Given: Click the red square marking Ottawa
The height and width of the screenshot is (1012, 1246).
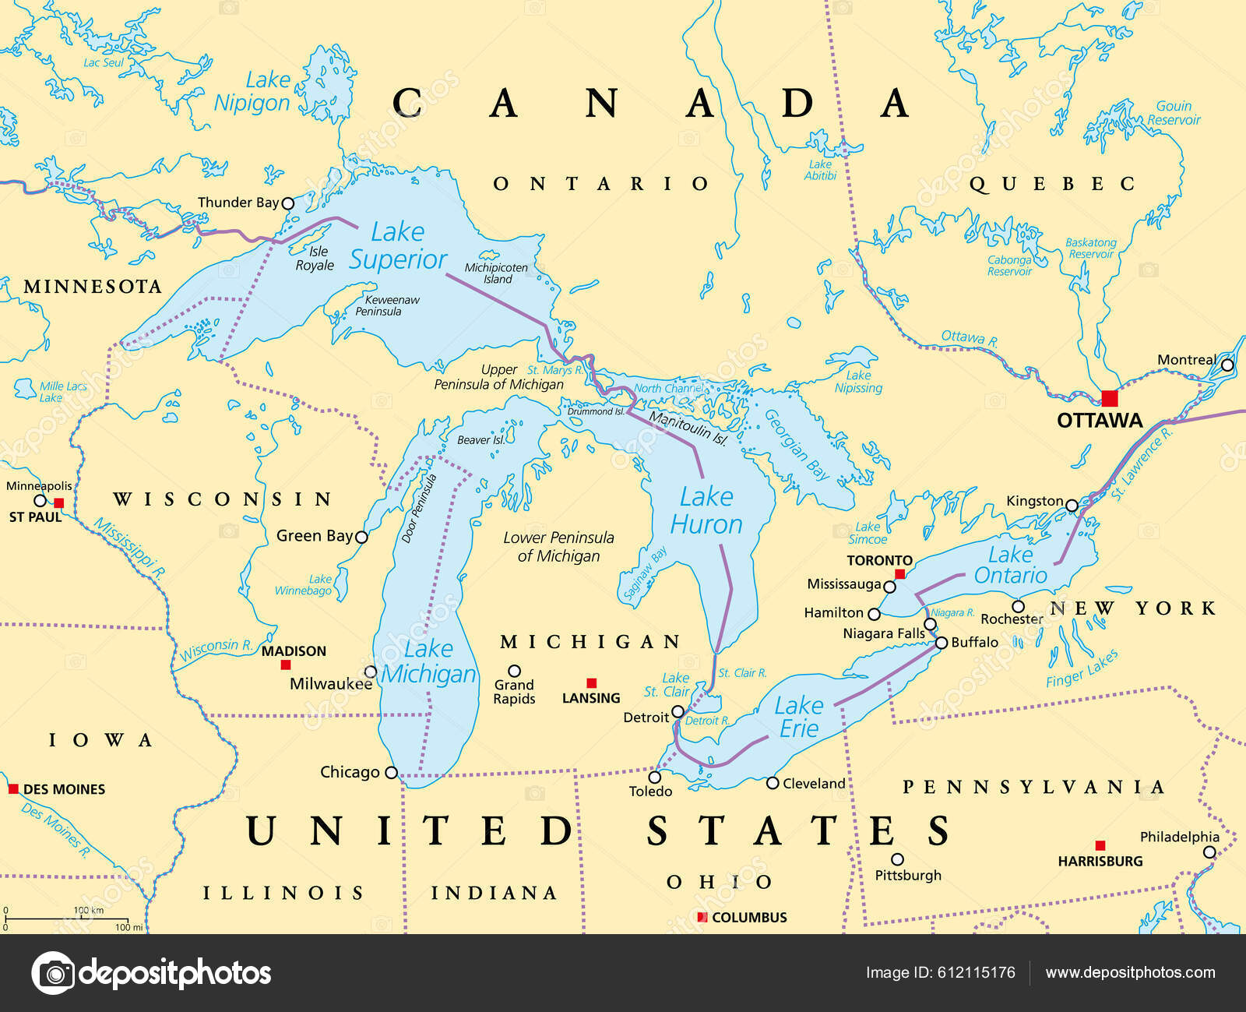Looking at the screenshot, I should (1109, 399).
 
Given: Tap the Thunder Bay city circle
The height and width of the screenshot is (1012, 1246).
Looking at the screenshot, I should (287, 203).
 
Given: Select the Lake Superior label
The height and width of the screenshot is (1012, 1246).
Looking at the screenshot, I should (398, 245).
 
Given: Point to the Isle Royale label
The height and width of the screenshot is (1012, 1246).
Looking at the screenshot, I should (315, 259).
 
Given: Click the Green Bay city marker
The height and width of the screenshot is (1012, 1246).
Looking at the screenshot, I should (361, 537).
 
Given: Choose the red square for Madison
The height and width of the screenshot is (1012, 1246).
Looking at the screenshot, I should (286, 665).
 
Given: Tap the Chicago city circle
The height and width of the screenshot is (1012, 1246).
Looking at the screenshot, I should (392, 773).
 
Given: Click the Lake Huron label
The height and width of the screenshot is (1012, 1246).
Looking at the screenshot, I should (706, 510).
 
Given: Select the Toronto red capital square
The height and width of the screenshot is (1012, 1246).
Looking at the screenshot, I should (899, 574).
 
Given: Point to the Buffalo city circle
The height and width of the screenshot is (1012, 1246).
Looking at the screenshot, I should (942, 643).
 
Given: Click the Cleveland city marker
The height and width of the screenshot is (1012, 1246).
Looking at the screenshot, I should (773, 783).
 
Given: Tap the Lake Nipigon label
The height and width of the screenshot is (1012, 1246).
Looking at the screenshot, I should (252, 91).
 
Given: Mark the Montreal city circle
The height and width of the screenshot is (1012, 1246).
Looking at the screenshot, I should (1227, 365).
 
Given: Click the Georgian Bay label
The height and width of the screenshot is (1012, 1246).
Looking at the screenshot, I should (797, 445).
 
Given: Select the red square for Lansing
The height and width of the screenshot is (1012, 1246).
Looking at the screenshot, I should (591, 683).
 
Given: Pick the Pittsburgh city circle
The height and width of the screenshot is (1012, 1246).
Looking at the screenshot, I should (897, 859).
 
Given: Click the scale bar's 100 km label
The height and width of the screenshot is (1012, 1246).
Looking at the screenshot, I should (88, 910).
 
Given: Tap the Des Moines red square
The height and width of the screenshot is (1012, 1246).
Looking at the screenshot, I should (13, 788).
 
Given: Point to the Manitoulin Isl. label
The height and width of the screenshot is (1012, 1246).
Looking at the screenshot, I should (688, 429).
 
